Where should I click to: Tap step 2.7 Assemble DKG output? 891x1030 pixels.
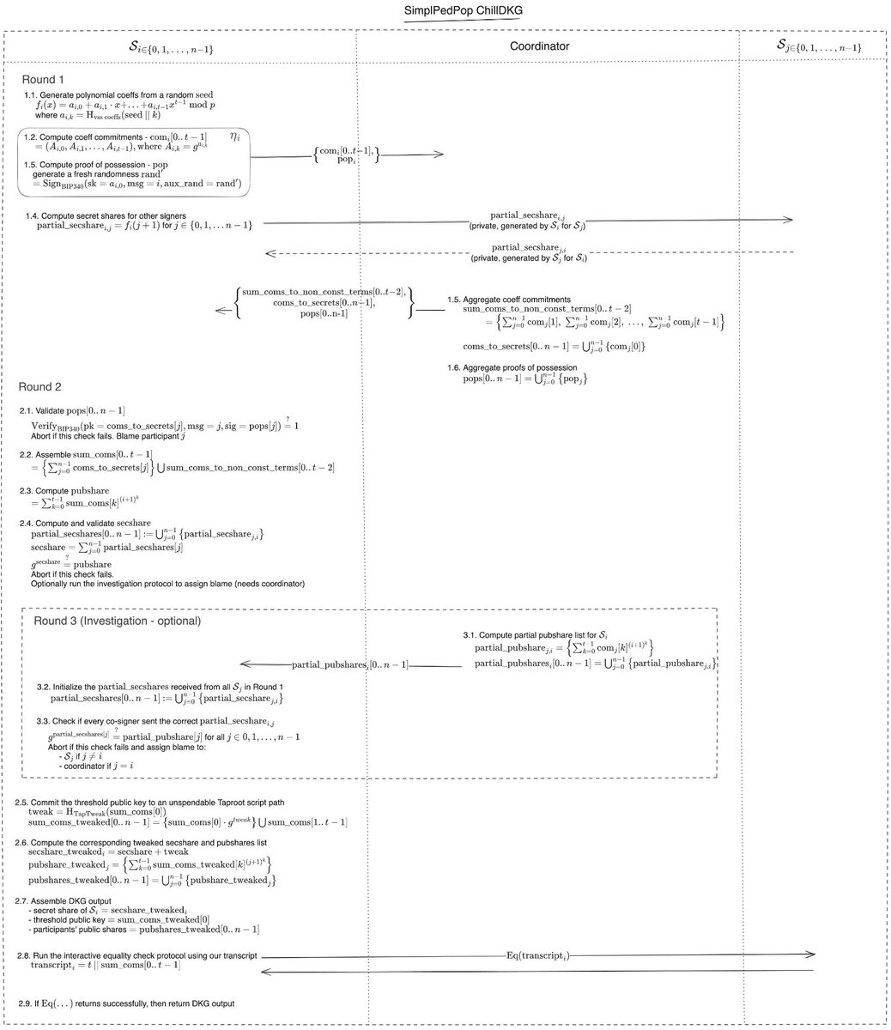[69, 900]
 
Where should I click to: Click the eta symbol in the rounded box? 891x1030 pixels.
[235, 136]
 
